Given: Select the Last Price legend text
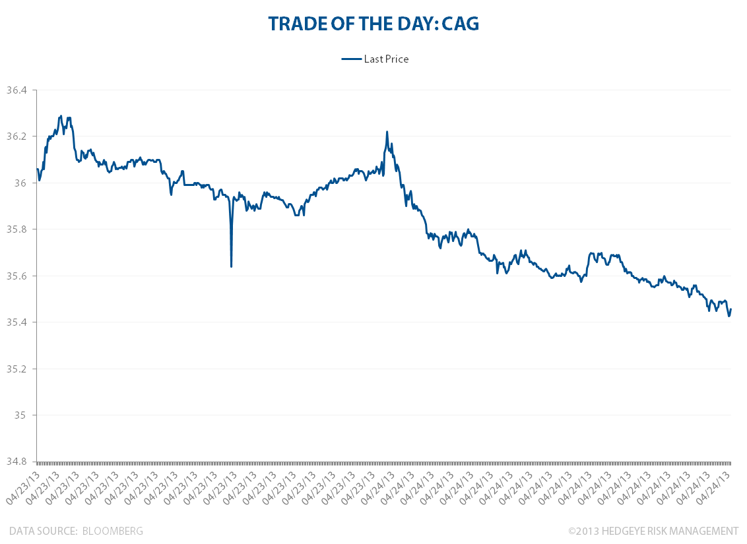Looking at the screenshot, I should (x=386, y=59).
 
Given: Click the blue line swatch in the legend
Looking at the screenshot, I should (x=351, y=59).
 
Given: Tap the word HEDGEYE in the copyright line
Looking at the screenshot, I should (x=625, y=531).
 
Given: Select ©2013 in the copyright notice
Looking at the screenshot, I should (x=582, y=531).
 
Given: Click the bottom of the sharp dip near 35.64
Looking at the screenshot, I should (x=231, y=266).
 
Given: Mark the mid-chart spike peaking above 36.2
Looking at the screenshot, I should (x=387, y=133).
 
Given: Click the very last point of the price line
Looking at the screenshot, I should (x=731, y=309).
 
